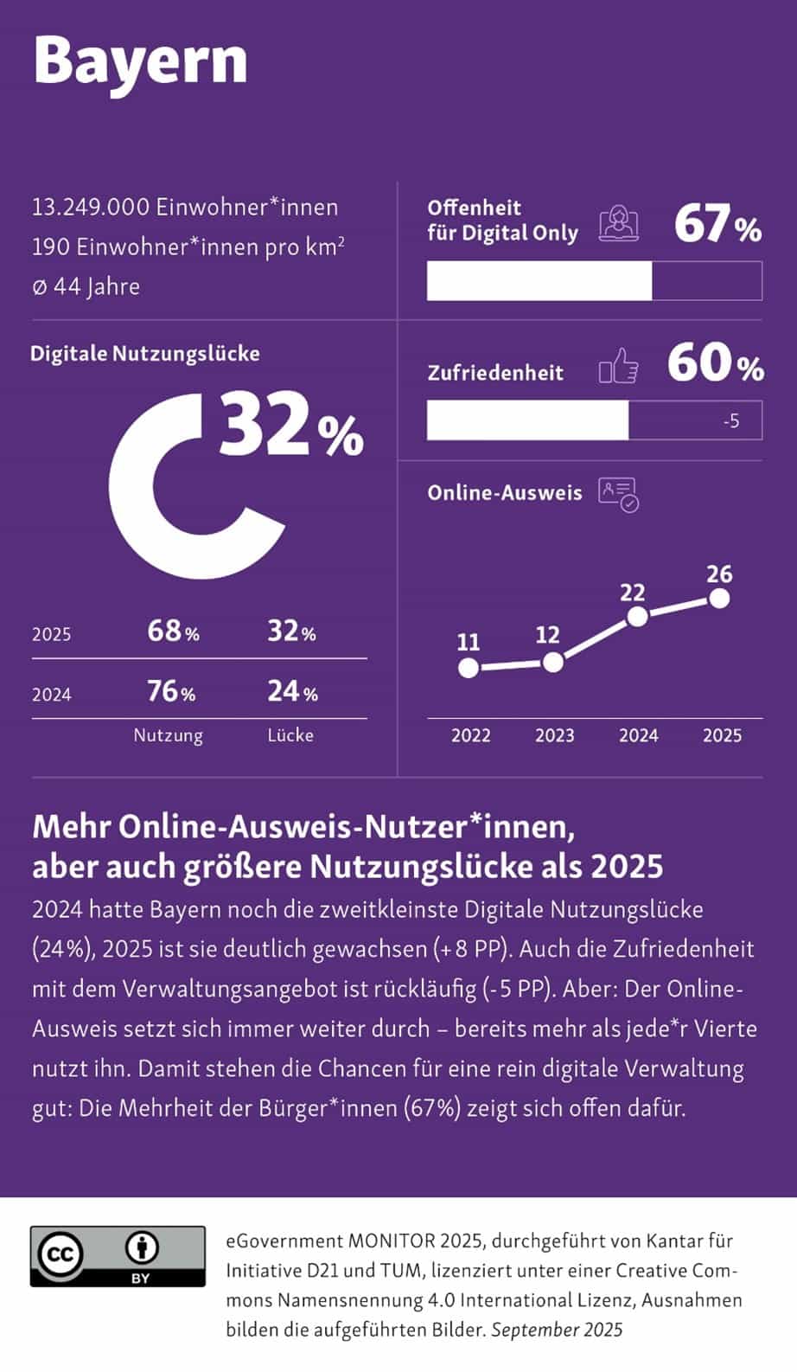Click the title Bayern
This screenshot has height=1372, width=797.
(140, 61)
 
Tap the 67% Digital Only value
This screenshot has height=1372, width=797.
(717, 224)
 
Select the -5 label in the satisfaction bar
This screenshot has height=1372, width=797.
(731, 421)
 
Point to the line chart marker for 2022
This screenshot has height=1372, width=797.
(468, 668)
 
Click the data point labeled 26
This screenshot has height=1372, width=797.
(718, 598)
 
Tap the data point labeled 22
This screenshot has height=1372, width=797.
(637, 617)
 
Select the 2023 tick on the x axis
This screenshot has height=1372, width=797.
(554, 735)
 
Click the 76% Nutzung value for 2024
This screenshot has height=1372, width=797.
(171, 691)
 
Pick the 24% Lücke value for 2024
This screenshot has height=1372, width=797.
(292, 691)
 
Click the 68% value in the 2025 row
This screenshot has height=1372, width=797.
(173, 632)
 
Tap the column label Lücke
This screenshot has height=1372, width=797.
(290, 735)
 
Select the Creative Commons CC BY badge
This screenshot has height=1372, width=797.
(118, 1256)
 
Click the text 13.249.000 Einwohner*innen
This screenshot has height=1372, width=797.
(185, 208)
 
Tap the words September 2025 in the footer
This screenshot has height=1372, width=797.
(557, 1330)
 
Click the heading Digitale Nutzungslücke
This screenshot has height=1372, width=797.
(144, 354)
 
